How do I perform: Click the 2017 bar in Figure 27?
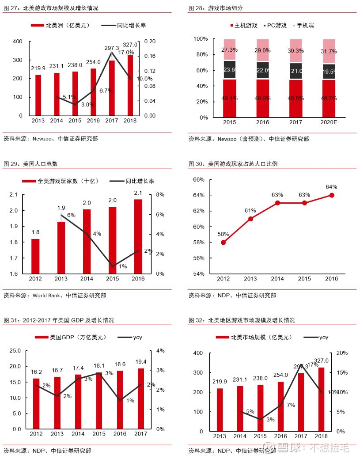[112, 88]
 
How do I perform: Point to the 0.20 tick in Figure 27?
[150, 41]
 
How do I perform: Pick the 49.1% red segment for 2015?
[230, 99]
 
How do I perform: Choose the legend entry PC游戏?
[277, 26]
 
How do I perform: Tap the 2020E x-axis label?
[329, 122]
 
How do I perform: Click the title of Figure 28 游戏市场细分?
[216, 8]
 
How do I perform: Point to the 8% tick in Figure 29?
[160, 194]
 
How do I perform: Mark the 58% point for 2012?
[224, 243]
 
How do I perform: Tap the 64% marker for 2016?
[332, 195]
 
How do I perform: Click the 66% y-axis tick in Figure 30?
[198, 179]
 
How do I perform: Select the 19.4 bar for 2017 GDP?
[141, 398]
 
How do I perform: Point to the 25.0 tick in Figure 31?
[15, 351]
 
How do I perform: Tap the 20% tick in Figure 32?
[342, 353]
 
